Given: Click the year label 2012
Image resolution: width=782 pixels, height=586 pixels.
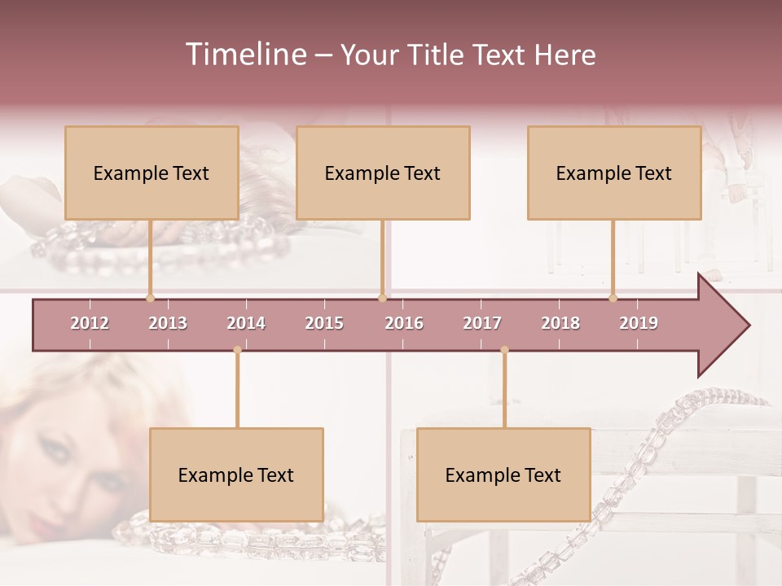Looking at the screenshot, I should [90, 323].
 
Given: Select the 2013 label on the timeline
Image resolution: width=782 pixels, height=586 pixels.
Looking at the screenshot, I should [168, 323].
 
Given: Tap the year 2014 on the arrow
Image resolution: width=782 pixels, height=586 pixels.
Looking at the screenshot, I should [246, 323].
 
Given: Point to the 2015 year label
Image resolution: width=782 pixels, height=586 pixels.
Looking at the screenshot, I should [324, 323].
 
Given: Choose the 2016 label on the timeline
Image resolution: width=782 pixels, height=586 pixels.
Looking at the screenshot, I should [404, 323].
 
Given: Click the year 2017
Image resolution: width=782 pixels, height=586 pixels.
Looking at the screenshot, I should [482, 323].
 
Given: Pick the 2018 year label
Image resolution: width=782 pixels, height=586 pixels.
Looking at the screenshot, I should [560, 323].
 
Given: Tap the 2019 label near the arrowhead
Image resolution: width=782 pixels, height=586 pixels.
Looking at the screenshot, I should [639, 323].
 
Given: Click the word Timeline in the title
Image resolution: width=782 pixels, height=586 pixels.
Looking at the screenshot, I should [244, 55].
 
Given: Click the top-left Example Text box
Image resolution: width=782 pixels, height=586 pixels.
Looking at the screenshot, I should [152, 173].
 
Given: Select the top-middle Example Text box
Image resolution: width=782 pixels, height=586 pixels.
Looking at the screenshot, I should [383, 173].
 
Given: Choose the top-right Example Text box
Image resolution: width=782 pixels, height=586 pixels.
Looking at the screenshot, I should [614, 173].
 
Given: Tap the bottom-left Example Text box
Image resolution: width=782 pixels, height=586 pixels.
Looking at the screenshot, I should [236, 474].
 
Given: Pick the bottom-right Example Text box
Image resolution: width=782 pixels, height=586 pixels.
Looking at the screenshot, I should [503, 474].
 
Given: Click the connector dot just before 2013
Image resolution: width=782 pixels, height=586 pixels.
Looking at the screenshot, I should [150, 298].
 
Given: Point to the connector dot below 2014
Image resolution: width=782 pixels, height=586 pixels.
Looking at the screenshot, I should [237, 350].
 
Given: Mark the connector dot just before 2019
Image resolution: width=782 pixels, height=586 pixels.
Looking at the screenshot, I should [613, 298].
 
